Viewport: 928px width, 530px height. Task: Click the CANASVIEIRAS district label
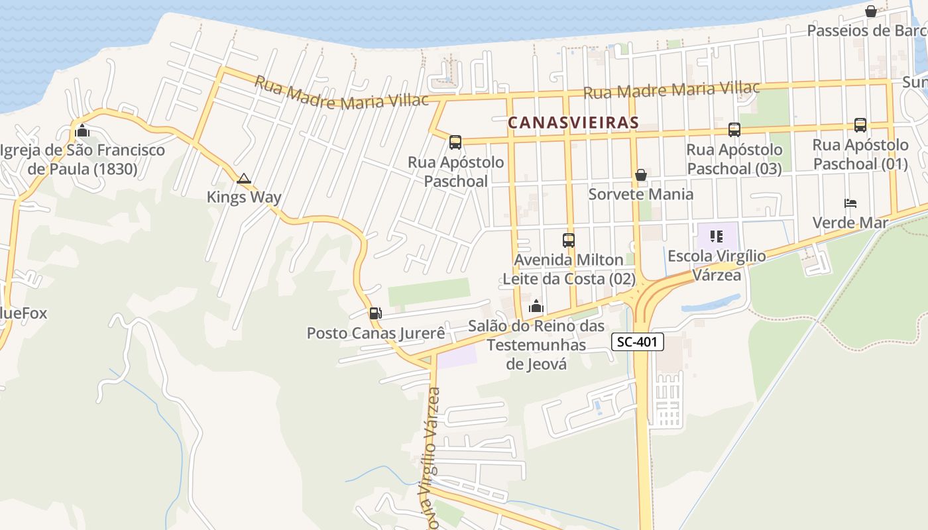point(573,123)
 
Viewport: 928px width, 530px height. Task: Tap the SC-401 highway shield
point(637,342)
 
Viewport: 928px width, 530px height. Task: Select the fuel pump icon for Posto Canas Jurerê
point(375,313)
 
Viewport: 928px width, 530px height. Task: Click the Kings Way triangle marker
point(244,178)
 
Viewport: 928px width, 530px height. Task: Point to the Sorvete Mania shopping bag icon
point(641,175)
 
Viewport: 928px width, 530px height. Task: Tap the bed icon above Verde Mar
point(850,203)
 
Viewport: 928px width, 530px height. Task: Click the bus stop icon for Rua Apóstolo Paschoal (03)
point(734,130)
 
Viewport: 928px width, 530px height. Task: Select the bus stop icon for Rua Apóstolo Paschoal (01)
point(860,125)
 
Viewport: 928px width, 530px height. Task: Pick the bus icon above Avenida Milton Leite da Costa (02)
point(568,240)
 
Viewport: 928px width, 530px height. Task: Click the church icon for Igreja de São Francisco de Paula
point(82,131)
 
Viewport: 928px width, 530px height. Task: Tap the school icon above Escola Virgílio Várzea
point(716,236)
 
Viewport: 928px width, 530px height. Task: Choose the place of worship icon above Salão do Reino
point(536,306)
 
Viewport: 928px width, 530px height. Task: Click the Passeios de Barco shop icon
point(870,11)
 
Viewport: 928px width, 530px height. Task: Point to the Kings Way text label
point(244,197)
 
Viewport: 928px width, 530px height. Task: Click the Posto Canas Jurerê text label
point(376,333)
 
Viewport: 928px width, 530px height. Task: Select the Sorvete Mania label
point(641,194)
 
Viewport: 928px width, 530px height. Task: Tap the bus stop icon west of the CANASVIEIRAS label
point(455,142)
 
